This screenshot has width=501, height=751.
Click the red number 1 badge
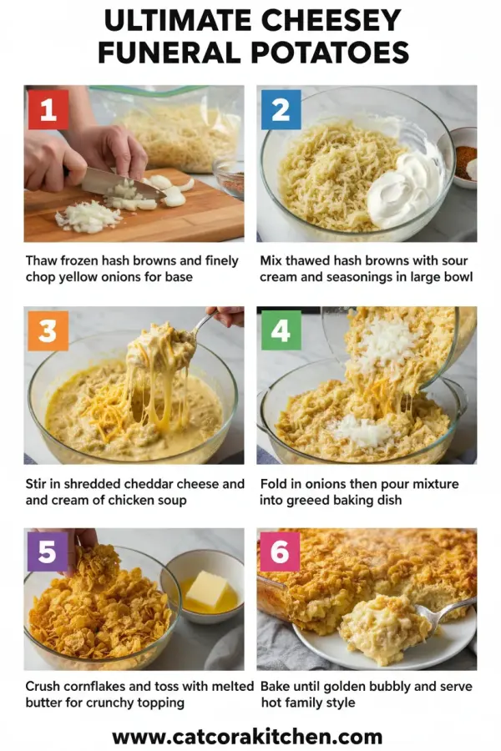pos(48,109)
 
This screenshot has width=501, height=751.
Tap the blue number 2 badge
pos(281,109)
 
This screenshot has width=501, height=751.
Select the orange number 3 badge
pos(48,330)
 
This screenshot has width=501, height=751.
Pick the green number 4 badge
pos(281,330)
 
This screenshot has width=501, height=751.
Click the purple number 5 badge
pos(48,552)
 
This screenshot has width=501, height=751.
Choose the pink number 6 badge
pos(280,552)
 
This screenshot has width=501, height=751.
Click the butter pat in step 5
pos(206,589)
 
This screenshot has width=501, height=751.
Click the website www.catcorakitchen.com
pos(247,737)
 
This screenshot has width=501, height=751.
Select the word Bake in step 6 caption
pos(276,686)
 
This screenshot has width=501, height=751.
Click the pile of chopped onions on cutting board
pos(89,217)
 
